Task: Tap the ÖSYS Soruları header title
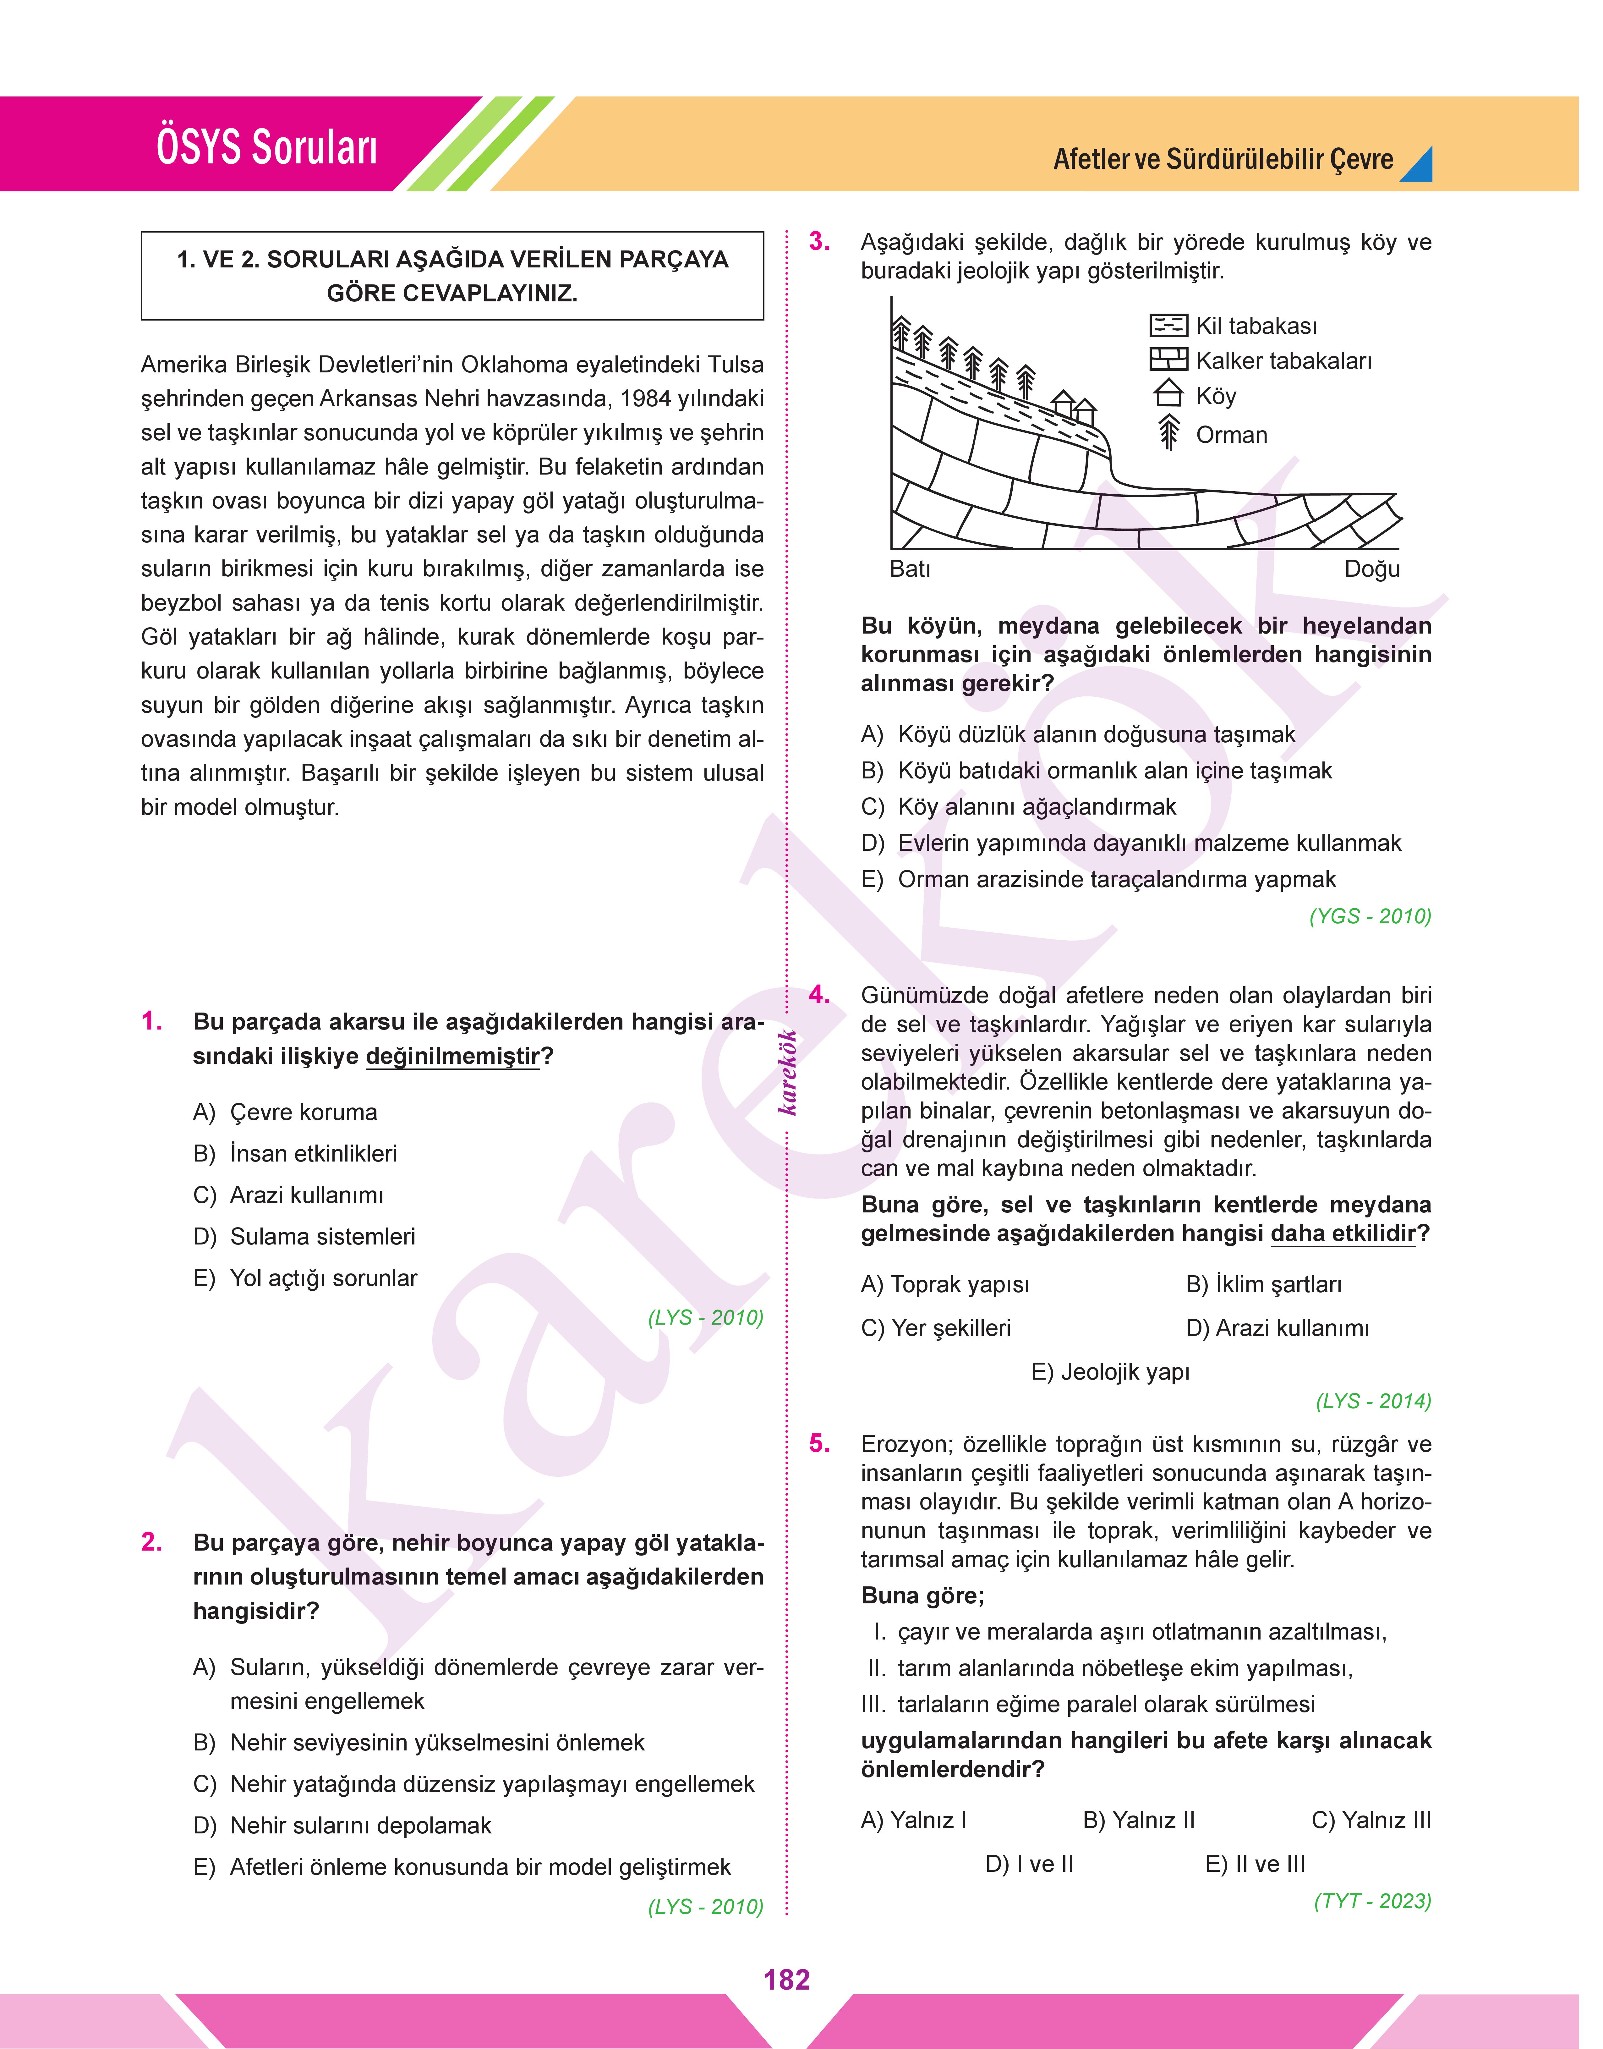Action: [x=266, y=147]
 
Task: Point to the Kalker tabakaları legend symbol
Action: [x=1168, y=360]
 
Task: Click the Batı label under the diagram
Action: [x=910, y=569]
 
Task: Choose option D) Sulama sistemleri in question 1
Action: [x=304, y=1236]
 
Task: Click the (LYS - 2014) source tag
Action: [x=1373, y=1401]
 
